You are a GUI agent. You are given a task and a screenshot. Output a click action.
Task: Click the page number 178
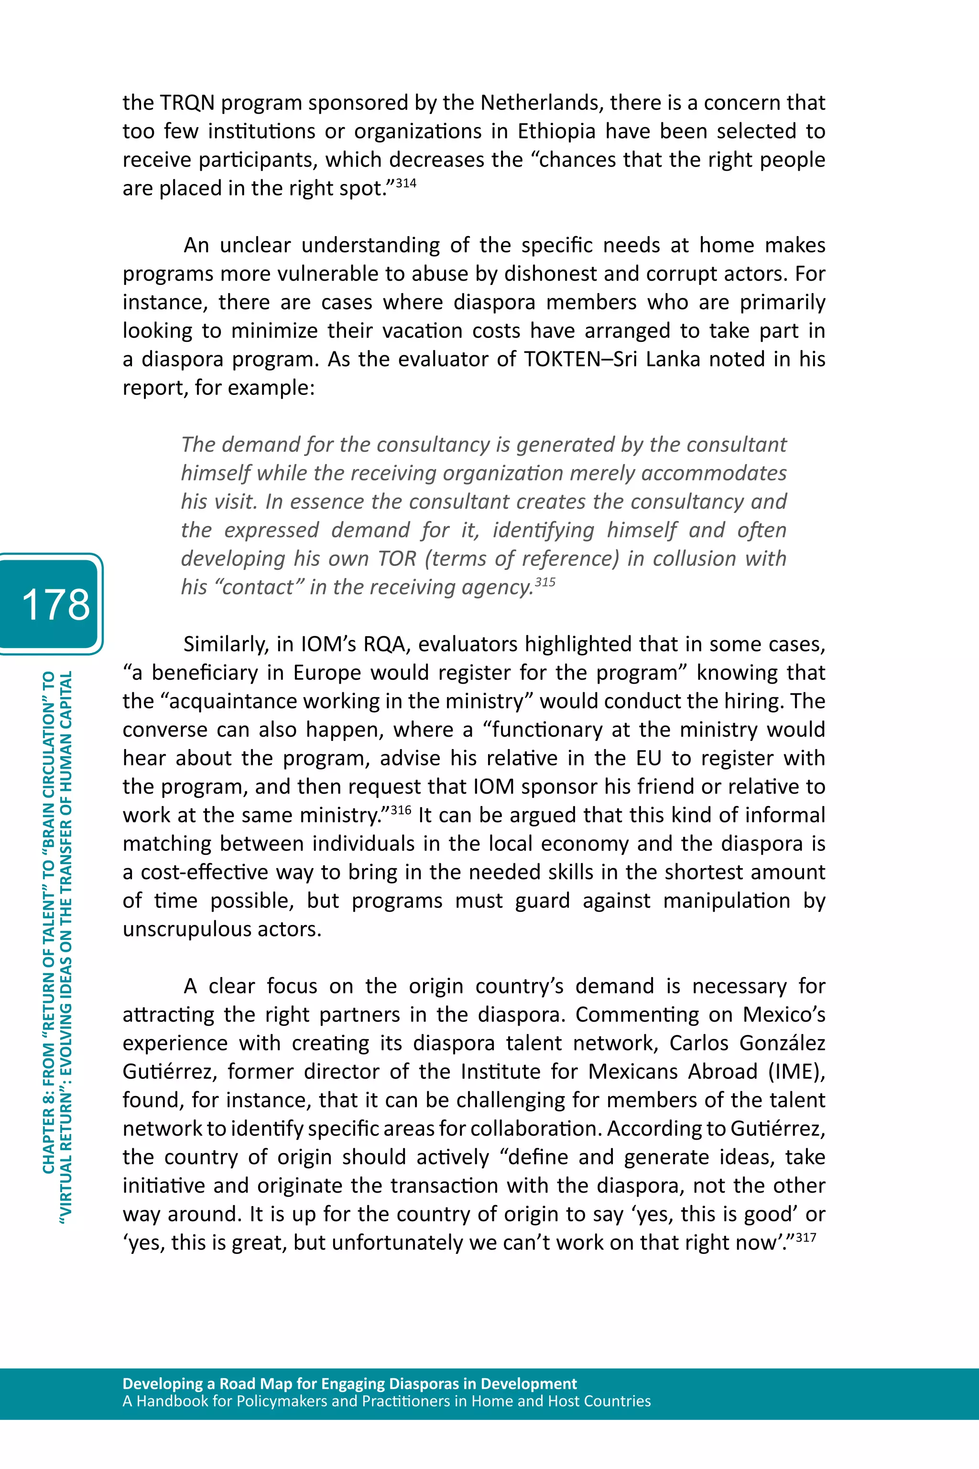click(x=55, y=604)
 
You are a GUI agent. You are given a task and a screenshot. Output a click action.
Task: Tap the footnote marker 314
click(x=406, y=183)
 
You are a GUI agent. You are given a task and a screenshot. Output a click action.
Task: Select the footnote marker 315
click(x=545, y=582)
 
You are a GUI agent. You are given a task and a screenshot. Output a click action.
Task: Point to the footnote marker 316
click(x=401, y=810)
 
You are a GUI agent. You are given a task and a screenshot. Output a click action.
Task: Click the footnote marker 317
click(x=806, y=1237)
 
